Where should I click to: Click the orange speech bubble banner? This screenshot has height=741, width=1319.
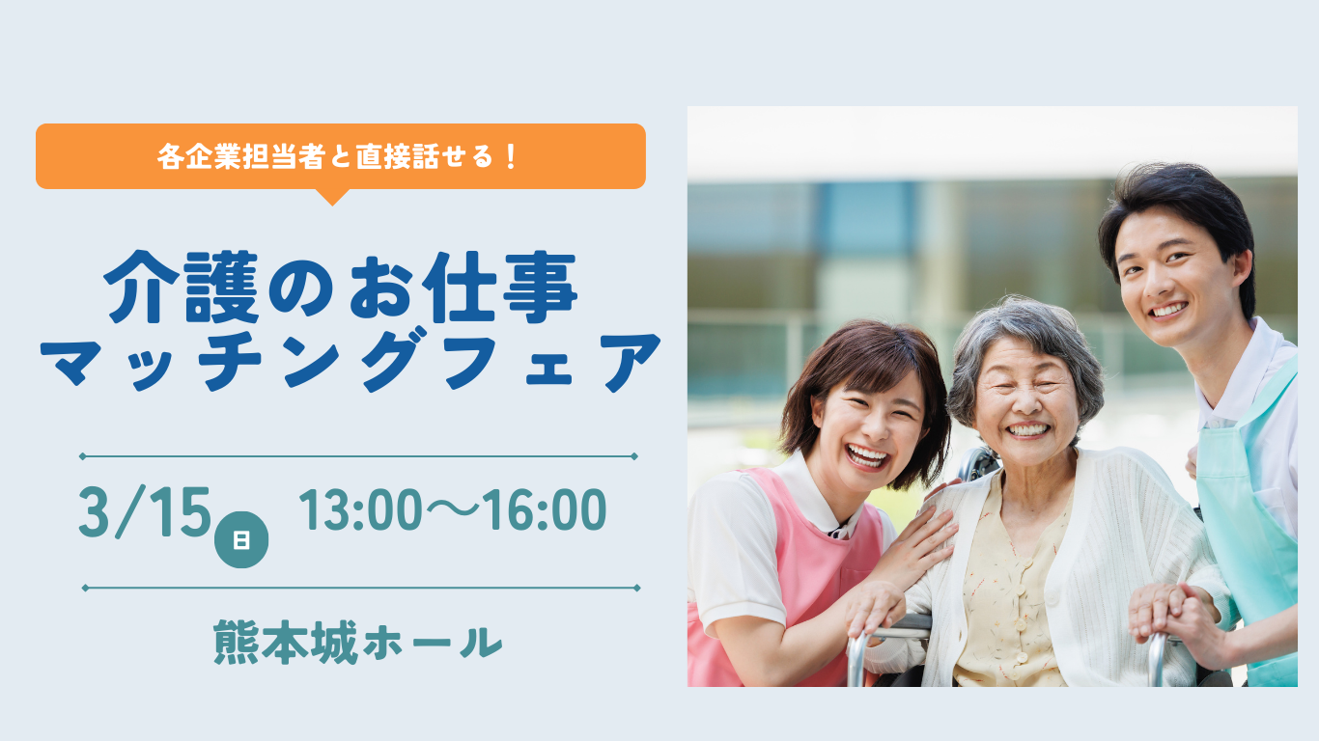(x=340, y=156)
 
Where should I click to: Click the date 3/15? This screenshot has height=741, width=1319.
(x=144, y=513)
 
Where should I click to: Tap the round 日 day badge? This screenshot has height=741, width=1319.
(x=240, y=541)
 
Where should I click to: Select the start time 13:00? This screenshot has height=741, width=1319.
(x=357, y=511)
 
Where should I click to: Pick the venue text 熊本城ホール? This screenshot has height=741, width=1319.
(x=358, y=643)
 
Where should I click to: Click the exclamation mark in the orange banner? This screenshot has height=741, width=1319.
(x=511, y=156)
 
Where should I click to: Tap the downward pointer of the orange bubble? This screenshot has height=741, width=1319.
(x=331, y=197)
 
